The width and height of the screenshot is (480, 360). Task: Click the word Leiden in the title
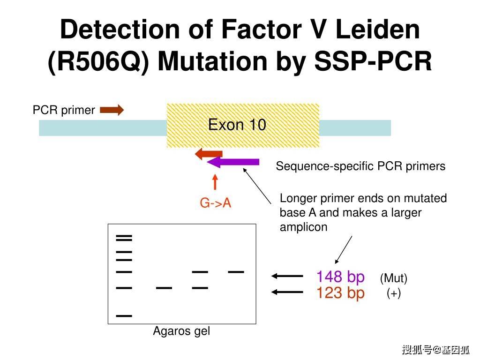[x=377, y=30]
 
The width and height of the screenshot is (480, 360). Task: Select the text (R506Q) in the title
[x=98, y=61]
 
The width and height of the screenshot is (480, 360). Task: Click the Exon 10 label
[x=237, y=125]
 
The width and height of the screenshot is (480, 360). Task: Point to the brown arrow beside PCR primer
[x=112, y=110]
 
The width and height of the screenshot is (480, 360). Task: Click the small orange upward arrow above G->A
[x=215, y=182]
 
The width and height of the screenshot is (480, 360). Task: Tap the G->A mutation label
[x=215, y=203]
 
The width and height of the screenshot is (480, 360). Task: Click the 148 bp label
[x=340, y=277]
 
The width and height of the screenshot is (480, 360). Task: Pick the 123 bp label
[x=340, y=292]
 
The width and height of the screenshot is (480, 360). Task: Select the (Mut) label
[x=394, y=278]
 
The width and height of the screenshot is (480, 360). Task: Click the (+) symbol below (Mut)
[x=394, y=293]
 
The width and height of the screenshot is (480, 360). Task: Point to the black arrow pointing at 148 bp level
[x=287, y=276]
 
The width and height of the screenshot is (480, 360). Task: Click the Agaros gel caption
[x=181, y=331]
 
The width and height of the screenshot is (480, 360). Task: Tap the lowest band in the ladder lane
[x=124, y=315]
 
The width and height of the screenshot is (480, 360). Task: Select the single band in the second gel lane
[x=164, y=288]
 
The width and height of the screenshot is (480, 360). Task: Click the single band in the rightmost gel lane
[x=236, y=271]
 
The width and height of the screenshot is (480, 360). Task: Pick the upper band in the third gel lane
[x=200, y=271]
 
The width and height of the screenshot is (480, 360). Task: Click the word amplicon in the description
[x=303, y=227]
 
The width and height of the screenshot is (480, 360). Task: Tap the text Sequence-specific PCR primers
[x=360, y=166]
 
